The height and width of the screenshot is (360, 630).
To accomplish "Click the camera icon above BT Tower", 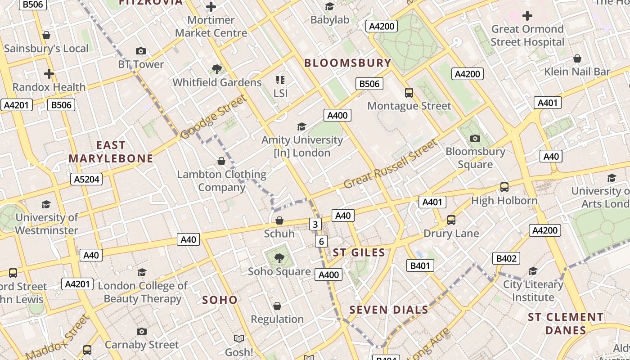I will (141, 51).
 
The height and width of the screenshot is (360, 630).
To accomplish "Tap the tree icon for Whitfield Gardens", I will (217, 69).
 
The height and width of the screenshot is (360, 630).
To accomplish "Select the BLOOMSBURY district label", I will (347, 63).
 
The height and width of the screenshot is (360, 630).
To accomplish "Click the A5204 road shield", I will (87, 180).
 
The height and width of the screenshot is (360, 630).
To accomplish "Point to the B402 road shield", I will (506, 258).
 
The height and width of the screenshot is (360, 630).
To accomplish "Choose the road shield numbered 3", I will (315, 224).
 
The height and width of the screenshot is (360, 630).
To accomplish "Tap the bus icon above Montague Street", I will (409, 93).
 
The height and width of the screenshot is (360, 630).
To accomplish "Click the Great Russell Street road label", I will (390, 164).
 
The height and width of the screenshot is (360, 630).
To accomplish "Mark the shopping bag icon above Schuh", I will (279, 220).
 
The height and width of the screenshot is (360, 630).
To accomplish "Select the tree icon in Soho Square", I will (279, 258).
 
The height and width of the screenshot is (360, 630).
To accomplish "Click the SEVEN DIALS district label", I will (389, 310).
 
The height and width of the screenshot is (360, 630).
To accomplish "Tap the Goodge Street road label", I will (214, 117).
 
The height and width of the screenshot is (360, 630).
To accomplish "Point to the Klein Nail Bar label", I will (577, 72).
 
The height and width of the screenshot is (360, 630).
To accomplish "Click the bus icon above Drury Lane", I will (451, 220).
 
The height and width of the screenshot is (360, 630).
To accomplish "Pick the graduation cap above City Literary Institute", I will (533, 271).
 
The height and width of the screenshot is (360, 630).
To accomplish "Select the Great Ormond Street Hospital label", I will (527, 36).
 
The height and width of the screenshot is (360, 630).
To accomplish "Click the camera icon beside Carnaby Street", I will (142, 332).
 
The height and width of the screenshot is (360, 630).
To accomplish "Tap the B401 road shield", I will (420, 265).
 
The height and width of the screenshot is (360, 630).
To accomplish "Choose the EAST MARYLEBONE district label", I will (111, 152).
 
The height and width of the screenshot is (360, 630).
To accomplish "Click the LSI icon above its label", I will (280, 80).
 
